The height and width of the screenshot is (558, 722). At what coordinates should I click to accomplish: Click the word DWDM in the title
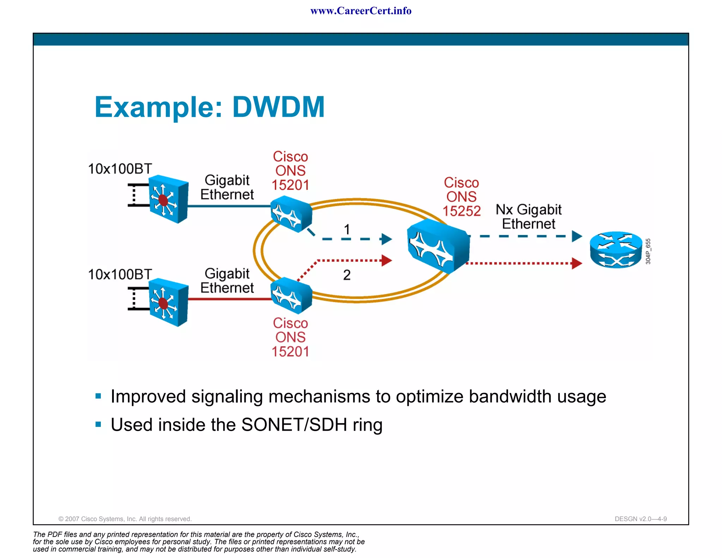coord(278,107)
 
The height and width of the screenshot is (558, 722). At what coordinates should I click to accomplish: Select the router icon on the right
coord(616,250)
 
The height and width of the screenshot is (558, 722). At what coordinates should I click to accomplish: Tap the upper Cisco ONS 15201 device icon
coord(291,214)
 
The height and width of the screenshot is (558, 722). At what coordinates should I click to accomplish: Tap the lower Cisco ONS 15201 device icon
coord(291,296)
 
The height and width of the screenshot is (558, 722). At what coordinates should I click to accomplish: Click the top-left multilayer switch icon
coord(168,199)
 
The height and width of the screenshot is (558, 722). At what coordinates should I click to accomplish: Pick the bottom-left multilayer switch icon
coord(168,302)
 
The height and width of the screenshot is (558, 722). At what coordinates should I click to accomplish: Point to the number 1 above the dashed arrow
coord(347,230)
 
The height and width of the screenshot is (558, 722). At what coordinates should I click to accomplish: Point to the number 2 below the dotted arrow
coord(347,275)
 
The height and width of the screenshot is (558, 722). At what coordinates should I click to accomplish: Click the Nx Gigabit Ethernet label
coord(528,217)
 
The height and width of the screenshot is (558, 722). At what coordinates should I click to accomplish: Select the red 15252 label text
coord(461,211)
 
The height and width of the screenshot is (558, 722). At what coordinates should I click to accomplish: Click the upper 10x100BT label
coord(120,169)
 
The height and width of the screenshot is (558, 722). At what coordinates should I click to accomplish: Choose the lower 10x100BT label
coord(120,274)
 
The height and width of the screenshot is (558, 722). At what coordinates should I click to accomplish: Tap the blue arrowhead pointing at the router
coord(576,236)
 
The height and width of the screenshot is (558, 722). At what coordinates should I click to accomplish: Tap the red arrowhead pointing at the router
coord(576,263)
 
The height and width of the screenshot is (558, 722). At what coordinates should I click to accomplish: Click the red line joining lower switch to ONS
coord(229,299)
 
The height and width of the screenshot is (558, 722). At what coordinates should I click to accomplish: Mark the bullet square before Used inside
coord(98,424)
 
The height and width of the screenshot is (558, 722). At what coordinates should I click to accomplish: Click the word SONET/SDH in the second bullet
coord(294,425)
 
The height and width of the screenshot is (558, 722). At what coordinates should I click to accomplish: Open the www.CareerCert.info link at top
coord(361,11)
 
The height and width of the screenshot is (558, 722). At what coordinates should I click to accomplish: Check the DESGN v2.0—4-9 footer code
coord(640,519)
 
